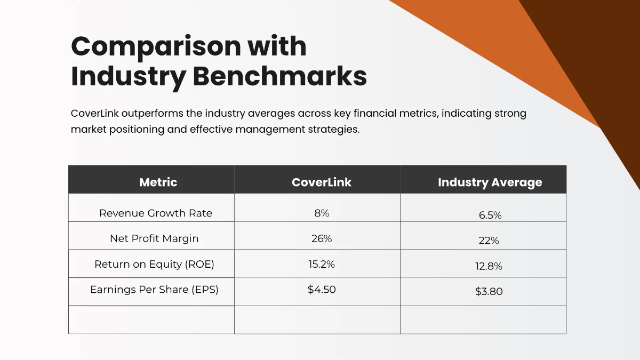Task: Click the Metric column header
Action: [158, 182]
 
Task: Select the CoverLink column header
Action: [322, 182]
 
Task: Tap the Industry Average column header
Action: [490, 182]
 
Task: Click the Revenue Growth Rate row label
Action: [156, 213]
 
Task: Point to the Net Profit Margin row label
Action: [154, 238]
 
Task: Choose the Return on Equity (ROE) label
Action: [154, 264]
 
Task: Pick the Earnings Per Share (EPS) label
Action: [154, 289]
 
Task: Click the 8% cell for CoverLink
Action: [322, 213]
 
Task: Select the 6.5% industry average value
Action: [490, 215]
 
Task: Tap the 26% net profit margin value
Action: [322, 238]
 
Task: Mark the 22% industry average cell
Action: [489, 241]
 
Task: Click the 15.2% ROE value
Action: [322, 264]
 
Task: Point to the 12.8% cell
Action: [489, 266]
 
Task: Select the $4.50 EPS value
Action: [322, 289]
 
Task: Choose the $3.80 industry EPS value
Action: [489, 292]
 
